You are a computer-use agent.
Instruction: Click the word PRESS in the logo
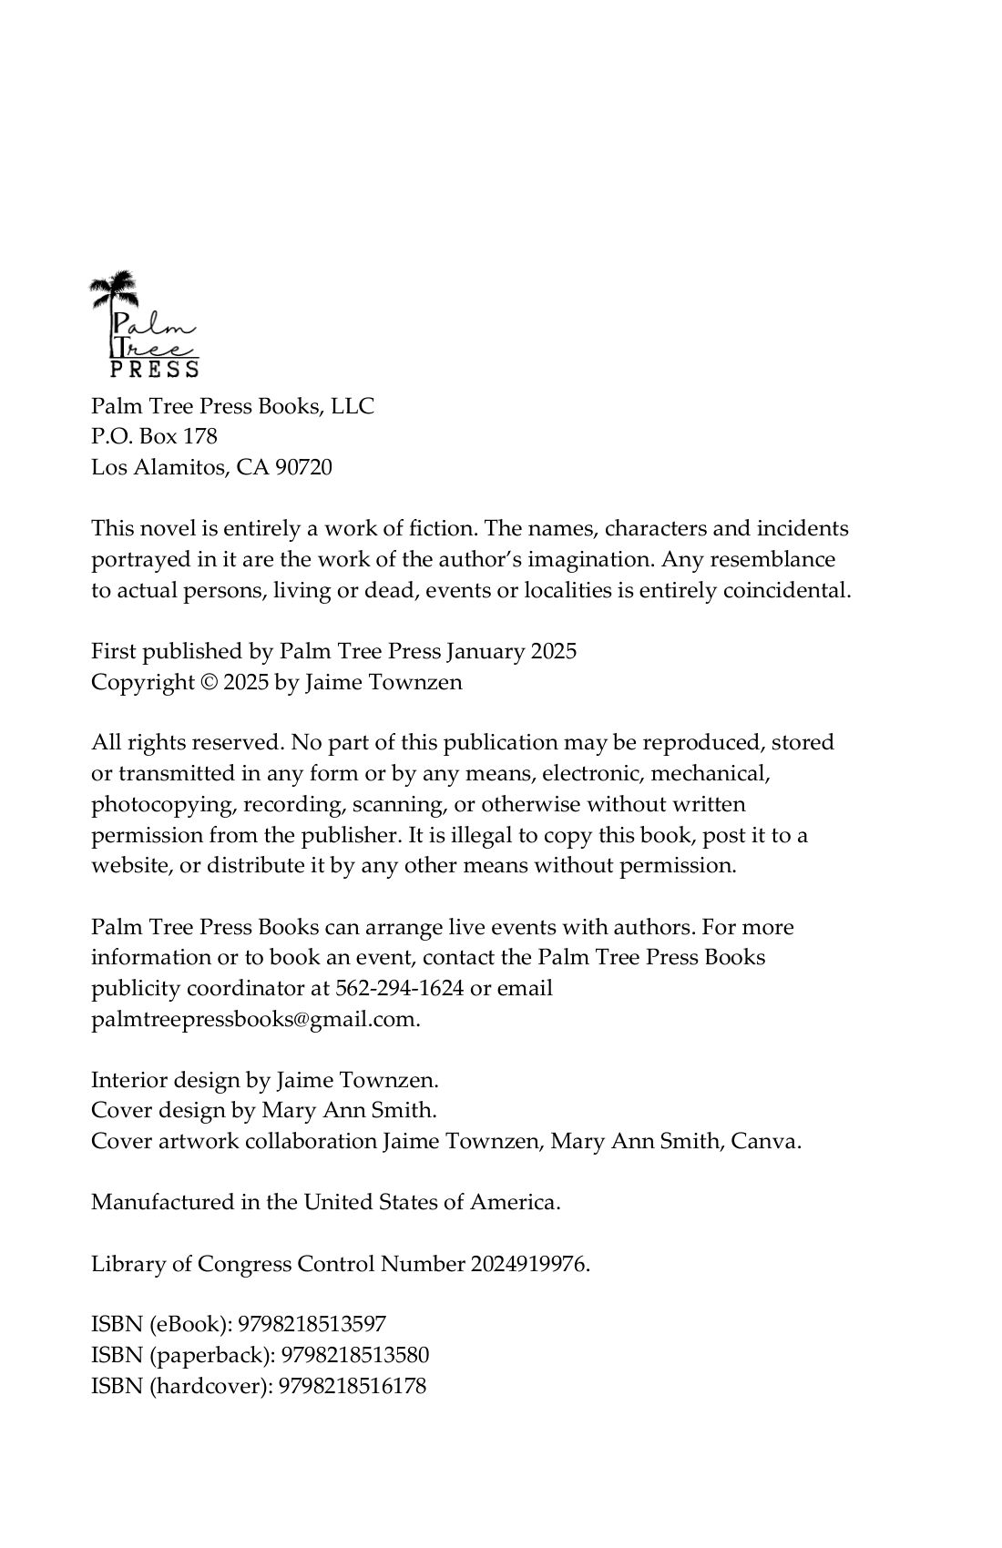point(154,369)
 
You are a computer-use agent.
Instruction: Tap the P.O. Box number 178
point(200,437)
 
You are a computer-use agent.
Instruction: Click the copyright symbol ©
point(209,682)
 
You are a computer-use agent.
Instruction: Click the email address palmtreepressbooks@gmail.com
point(254,1020)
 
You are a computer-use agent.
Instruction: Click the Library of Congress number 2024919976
point(529,1265)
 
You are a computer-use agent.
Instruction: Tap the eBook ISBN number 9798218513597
point(312,1325)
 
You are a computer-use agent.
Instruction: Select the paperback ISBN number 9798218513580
point(354,1356)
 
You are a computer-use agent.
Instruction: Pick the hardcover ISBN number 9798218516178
point(352,1387)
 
